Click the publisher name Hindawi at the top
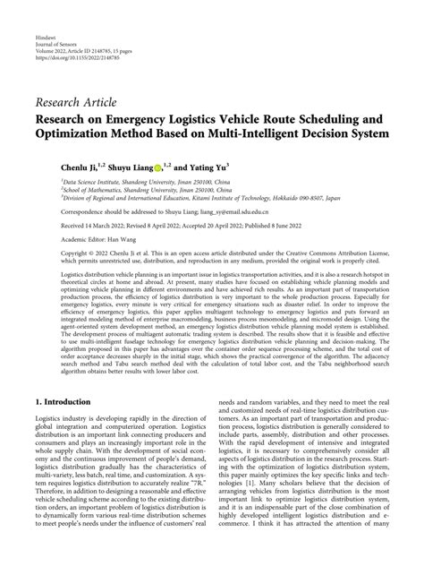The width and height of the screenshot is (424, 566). point(48,17)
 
